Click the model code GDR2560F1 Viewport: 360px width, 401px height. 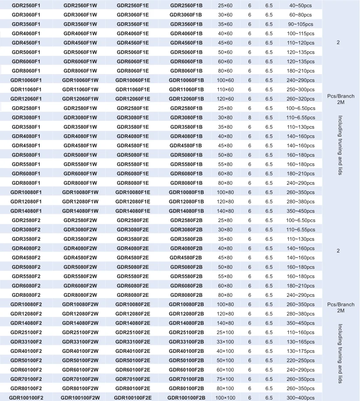[x=26, y=5]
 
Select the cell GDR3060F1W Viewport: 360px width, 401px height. [x=80, y=14]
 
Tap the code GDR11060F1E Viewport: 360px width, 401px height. [x=133, y=89]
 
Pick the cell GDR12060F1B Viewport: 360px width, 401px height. [x=186, y=98]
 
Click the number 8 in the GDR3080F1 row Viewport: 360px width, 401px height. [x=249, y=117]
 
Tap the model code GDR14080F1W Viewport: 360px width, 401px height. [x=80, y=211]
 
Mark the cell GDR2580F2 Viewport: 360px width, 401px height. [x=26, y=220]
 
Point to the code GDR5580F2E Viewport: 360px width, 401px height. [x=133, y=276]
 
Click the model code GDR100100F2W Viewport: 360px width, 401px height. [x=80, y=397]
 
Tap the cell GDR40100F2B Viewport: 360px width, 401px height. [x=186, y=351]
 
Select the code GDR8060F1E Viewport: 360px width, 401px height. [x=133, y=70]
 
